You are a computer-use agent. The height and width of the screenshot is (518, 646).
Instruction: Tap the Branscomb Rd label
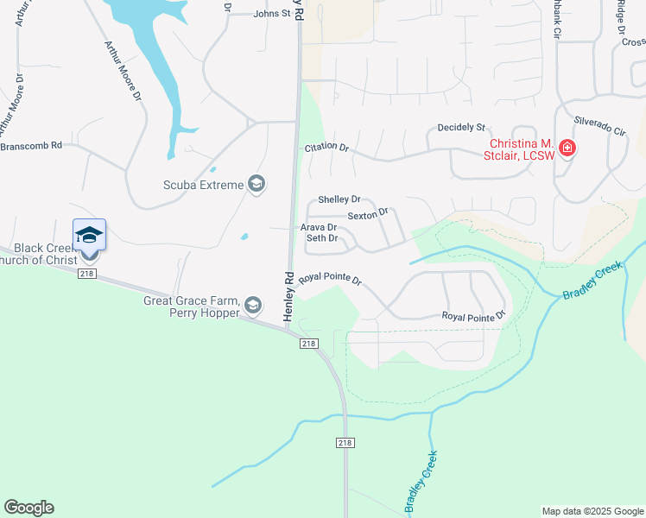[x=31, y=146]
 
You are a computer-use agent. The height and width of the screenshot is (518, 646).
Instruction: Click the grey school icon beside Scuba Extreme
[x=256, y=183]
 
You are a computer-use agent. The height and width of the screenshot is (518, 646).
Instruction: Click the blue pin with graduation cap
[x=90, y=236]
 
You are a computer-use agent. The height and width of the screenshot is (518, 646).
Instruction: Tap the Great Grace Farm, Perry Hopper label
[x=192, y=306]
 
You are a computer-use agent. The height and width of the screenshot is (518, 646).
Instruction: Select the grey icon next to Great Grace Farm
[x=252, y=305]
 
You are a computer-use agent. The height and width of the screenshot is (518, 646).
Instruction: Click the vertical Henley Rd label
[x=289, y=297]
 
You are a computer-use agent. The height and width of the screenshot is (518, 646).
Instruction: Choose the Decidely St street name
[x=461, y=127]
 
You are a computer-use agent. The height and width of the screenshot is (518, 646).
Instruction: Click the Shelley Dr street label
[x=339, y=199]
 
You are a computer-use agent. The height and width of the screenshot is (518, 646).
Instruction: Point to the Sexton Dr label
[x=369, y=212]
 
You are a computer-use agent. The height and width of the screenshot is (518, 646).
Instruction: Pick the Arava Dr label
[x=318, y=228]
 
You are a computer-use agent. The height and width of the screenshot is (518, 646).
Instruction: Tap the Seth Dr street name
[x=321, y=238]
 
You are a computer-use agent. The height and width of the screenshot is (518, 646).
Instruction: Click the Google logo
[x=28, y=508]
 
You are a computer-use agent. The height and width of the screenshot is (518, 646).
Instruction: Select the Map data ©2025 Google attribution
[x=592, y=511]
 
